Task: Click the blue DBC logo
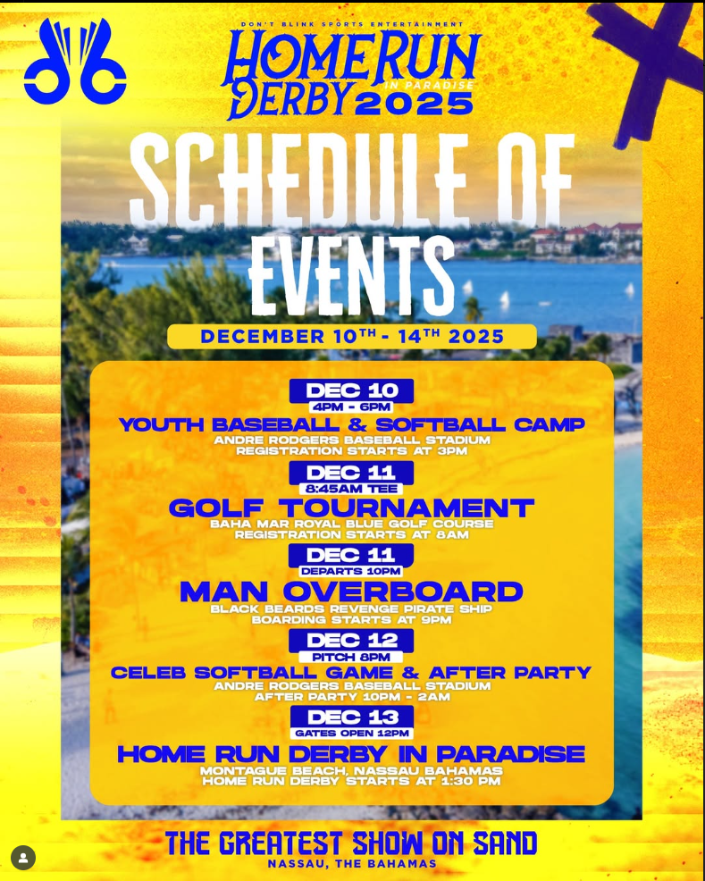(75, 62)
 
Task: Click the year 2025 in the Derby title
(414, 104)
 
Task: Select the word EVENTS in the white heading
(352, 276)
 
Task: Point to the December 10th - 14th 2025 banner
(352, 337)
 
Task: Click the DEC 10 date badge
(352, 390)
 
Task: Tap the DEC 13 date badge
(352, 717)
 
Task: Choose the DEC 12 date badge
(352, 641)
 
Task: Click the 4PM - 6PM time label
(352, 407)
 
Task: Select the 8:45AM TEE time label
(351, 489)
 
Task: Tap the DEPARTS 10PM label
(351, 572)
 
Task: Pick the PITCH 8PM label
(351, 657)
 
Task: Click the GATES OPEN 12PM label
(352, 734)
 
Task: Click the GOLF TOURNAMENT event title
(352, 508)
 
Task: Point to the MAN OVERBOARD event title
(352, 592)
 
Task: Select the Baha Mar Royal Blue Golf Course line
(352, 524)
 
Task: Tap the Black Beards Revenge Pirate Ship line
(352, 609)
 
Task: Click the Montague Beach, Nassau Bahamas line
(352, 770)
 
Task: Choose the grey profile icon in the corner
(23, 858)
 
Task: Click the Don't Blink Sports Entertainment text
(352, 24)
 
